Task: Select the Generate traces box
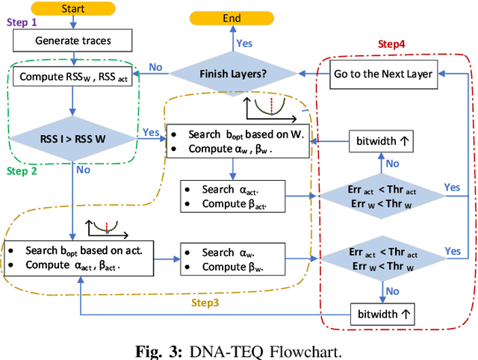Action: [73, 40]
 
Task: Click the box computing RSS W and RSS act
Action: [73, 76]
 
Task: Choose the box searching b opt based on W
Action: [238, 140]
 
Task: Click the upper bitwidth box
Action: [380, 140]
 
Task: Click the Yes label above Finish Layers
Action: [244, 43]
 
